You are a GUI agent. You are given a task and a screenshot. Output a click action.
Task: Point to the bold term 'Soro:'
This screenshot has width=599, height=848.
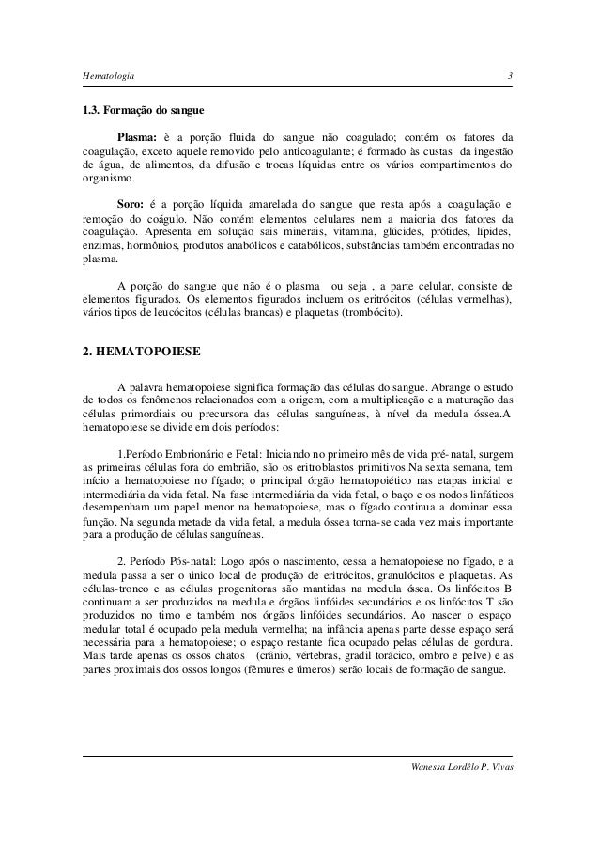pos(132,203)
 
